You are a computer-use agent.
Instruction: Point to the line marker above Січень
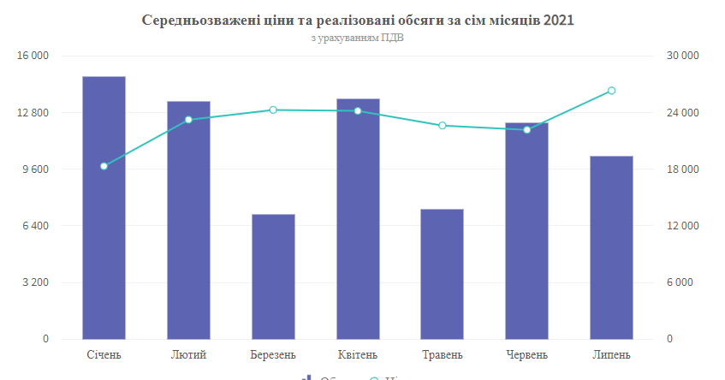104,166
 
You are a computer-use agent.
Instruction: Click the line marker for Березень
273,110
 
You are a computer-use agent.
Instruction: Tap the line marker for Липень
611,91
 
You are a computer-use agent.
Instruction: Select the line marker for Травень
443,126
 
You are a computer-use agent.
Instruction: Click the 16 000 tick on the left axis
33,56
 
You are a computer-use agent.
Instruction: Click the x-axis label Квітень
358,354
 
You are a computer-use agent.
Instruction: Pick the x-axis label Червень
527,354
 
